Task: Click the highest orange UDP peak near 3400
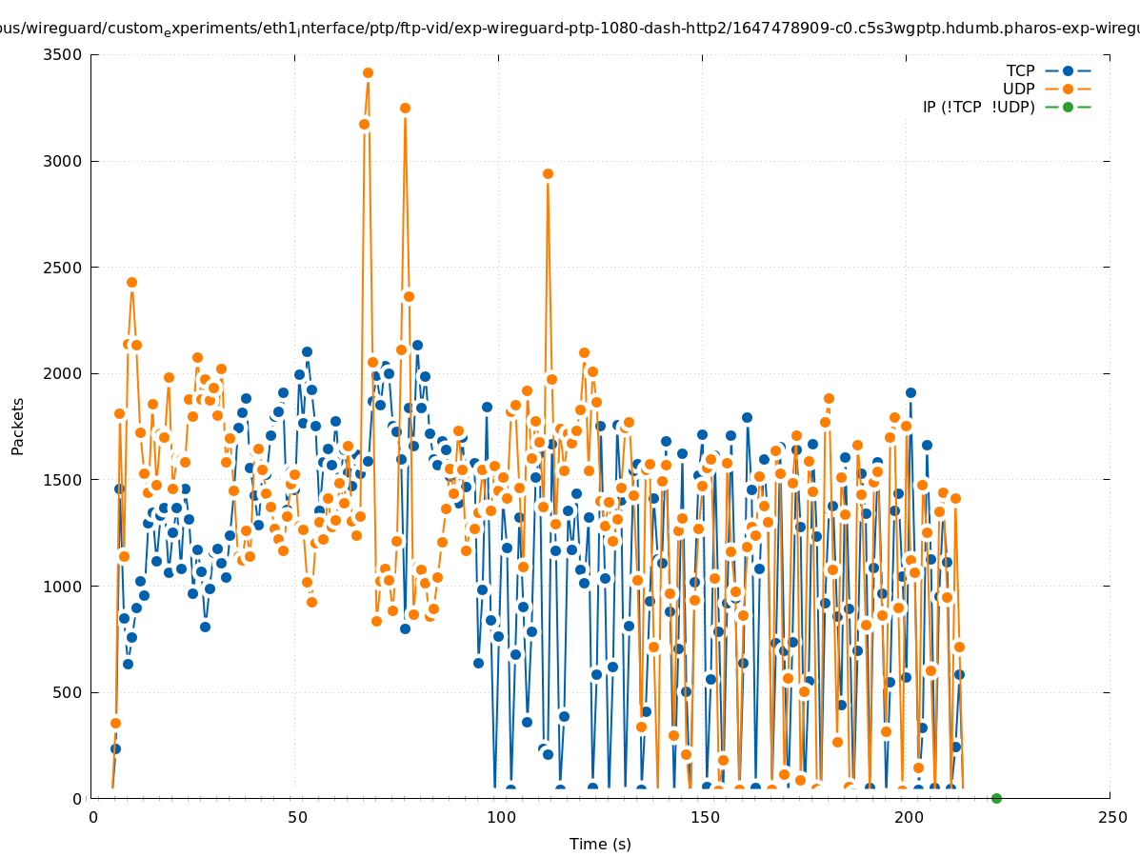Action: pos(368,72)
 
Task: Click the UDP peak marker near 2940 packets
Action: pos(548,173)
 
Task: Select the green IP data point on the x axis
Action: pos(996,798)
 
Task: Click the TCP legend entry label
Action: pos(1020,71)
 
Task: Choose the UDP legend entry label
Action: pos(1018,90)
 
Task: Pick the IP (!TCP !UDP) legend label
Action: pos(978,108)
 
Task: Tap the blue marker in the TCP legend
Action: pos(1068,71)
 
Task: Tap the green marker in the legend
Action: pos(1068,108)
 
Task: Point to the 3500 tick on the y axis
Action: pos(64,54)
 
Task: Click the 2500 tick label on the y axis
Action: pos(64,268)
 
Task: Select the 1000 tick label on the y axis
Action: pos(64,587)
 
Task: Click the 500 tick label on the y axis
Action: pos(68,693)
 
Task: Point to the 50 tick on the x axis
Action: pos(297,817)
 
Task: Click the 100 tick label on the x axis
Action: pos(501,817)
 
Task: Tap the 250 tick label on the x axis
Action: pos(1111,817)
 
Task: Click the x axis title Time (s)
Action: pos(600,845)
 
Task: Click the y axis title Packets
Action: pos(18,426)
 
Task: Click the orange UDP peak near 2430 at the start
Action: pos(131,283)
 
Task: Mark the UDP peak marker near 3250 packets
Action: pos(405,108)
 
